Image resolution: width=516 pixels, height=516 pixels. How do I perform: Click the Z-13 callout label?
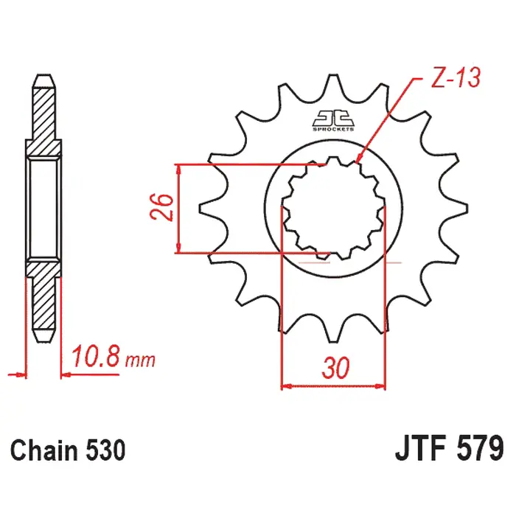click(456, 77)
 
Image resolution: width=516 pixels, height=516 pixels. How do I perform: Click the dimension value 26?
click(161, 207)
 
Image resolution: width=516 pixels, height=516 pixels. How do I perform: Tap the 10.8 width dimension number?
click(95, 356)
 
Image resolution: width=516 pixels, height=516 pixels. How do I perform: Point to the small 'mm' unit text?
click(140, 360)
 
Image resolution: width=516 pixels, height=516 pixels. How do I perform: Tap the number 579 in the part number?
click(480, 448)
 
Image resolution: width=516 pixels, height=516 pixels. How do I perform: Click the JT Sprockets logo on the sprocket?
click(333, 120)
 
